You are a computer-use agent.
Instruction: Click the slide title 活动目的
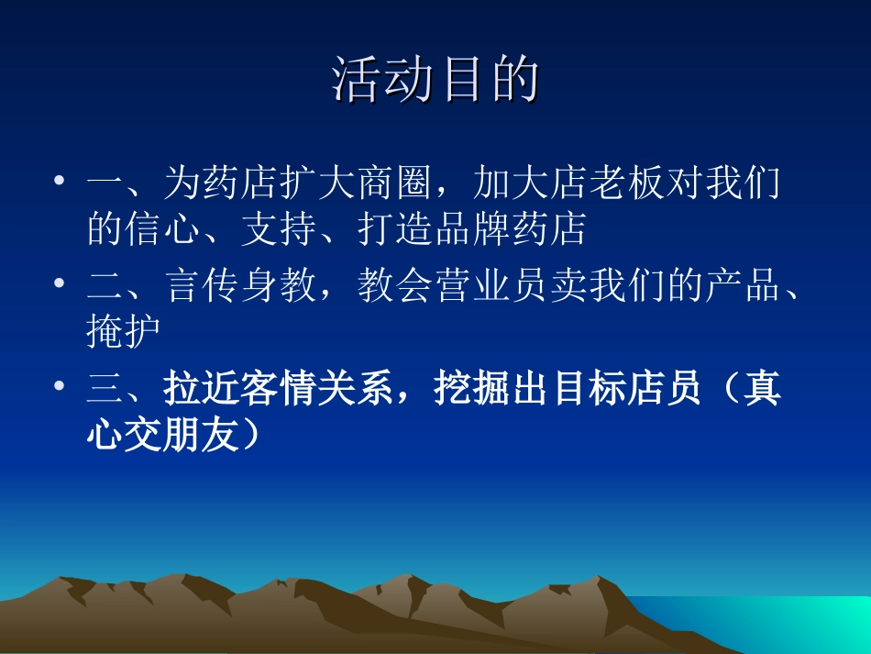tap(435, 80)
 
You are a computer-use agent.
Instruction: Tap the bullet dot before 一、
tap(59, 180)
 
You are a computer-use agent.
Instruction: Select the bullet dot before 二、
tap(59, 283)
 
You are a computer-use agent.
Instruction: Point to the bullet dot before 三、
tap(59, 385)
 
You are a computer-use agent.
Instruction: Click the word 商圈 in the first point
tap(394, 183)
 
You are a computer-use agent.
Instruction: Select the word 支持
tap(280, 229)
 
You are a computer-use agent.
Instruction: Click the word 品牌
tap(472, 229)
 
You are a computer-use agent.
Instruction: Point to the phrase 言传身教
tap(240, 285)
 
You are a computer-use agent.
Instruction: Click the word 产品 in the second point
tap(744, 285)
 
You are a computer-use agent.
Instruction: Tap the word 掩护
tap(124, 331)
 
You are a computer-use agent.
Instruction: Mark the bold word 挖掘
tap(471, 388)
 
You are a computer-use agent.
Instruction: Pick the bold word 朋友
tap(202, 434)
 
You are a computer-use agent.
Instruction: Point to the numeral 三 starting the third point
tap(105, 388)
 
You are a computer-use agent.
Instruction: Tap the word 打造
tap(395, 229)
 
